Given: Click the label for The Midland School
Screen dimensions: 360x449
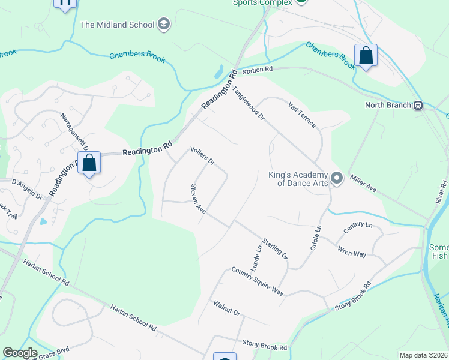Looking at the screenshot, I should tap(118, 25).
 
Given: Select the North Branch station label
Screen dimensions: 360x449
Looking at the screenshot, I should tap(388, 105).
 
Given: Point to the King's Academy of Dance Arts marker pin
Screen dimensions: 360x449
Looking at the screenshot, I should tap(337, 178).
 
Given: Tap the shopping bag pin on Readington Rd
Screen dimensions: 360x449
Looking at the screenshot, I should tap(89, 163).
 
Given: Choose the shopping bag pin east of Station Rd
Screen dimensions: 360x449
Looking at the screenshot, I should tap(365, 56).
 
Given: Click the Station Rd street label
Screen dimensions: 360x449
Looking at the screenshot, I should tap(257, 71).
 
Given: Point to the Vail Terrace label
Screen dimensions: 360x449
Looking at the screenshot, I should tap(302, 113).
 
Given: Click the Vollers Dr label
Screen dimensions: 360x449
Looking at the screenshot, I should tap(202, 156).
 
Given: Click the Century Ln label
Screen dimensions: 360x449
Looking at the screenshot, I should tap(358, 229).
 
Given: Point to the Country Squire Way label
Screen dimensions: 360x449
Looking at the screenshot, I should tap(257, 281).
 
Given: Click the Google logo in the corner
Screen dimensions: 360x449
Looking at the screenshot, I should tap(20, 353).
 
